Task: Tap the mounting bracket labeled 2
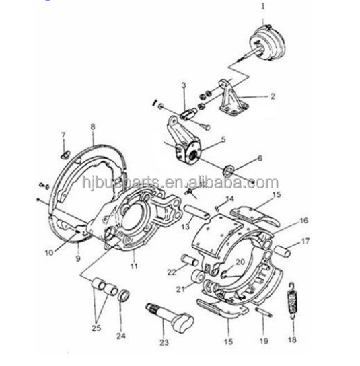point(233,98)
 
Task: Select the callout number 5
point(223,140)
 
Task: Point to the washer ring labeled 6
point(229,170)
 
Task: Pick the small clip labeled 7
point(65,155)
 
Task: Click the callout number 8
point(93,127)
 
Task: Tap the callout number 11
point(134,266)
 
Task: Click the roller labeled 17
point(282,251)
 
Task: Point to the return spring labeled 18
point(293,301)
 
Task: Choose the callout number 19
point(264,341)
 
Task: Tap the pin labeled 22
point(190,260)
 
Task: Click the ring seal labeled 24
point(124,295)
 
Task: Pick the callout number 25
point(96,328)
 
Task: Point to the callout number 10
point(49,252)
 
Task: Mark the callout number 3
point(184,85)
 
